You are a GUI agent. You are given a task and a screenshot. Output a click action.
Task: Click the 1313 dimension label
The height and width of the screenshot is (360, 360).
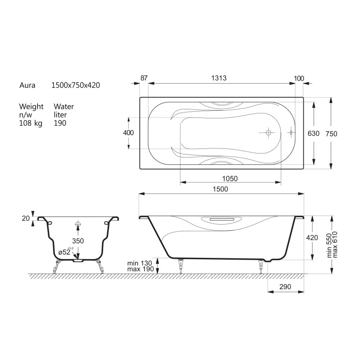point(219,78)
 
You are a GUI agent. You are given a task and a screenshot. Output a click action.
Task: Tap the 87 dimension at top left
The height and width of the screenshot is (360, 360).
point(144,78)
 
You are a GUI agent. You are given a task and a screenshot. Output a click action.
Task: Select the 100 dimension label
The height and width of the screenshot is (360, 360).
point(299,78)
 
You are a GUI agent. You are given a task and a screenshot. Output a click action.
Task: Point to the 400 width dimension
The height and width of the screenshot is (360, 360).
point(128,133)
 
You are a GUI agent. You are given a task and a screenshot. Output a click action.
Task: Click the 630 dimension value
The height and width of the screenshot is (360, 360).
point(313,133)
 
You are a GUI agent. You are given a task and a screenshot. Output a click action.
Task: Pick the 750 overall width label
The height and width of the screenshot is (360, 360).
point(331,134)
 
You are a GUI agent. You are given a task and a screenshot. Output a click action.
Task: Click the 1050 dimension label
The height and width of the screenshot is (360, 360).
point(230,178)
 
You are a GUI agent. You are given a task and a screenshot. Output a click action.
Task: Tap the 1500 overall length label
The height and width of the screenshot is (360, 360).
point(220,189)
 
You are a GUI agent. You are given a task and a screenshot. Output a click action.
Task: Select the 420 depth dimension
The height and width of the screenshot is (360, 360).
point(312,238)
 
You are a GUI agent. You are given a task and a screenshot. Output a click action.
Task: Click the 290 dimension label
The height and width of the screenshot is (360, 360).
point(285,287)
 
